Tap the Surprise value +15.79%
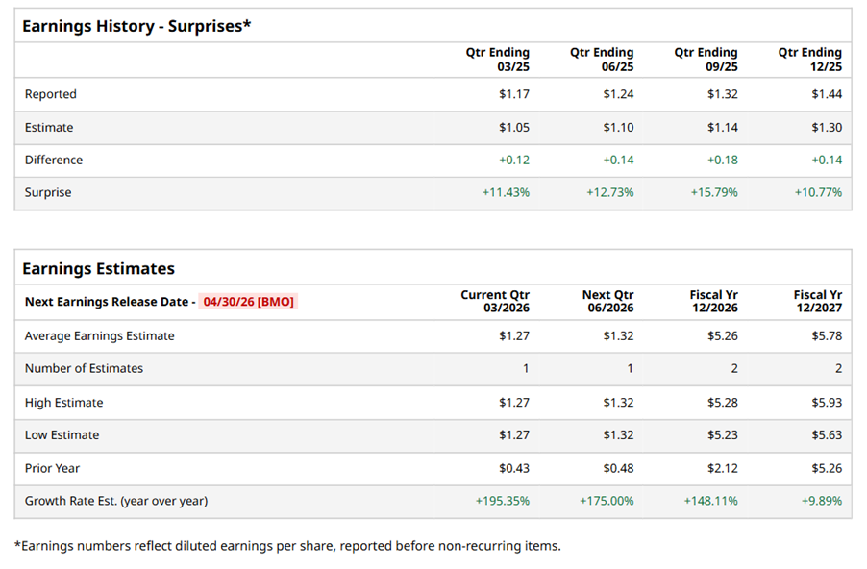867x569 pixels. pyautogui.click(x=714, y=192)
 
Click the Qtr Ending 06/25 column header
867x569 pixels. pyautogui.click(x=602, y=59)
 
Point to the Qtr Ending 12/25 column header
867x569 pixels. pyautogui.click(x=809, y=59)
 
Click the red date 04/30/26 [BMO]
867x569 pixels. pyautogui.click(x=249, y=301)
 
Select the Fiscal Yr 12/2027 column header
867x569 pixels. pyautogui.click(x=817, y=301)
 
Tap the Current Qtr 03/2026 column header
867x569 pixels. pyautogui.click(x=495, y=301)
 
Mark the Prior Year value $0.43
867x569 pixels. pyautogui.click(x=513, y=468)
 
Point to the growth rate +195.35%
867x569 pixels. pyautogui.click(x=502, y=501)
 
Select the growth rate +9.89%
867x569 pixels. pyautogui.click(x=818, y=501)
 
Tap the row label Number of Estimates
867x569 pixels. pyautogui.click(x=84, y=368)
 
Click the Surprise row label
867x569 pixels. pyautogui.click(x=48, y=192)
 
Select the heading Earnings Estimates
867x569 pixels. pyautogui.click(x=98, y=269)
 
